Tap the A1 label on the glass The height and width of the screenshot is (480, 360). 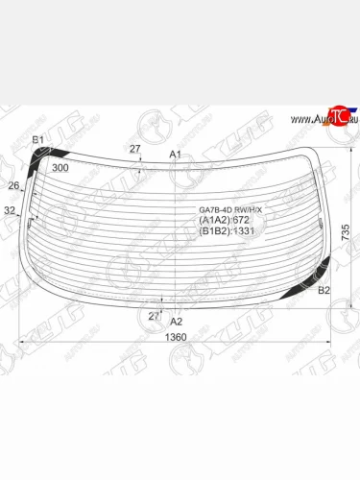tap(175, 155)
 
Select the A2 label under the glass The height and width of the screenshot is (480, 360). tap(176, 322)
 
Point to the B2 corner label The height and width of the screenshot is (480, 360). tap(324, 290)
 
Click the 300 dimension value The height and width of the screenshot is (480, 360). tap(60, 168)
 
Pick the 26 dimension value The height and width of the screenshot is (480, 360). tap(13, 185)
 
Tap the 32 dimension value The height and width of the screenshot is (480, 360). tap(10, 210)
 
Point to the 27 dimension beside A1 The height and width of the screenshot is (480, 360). tap(135, 149)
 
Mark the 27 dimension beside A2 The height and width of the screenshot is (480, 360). tap(154, 315)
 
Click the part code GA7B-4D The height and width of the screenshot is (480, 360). tap(215, 209)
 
